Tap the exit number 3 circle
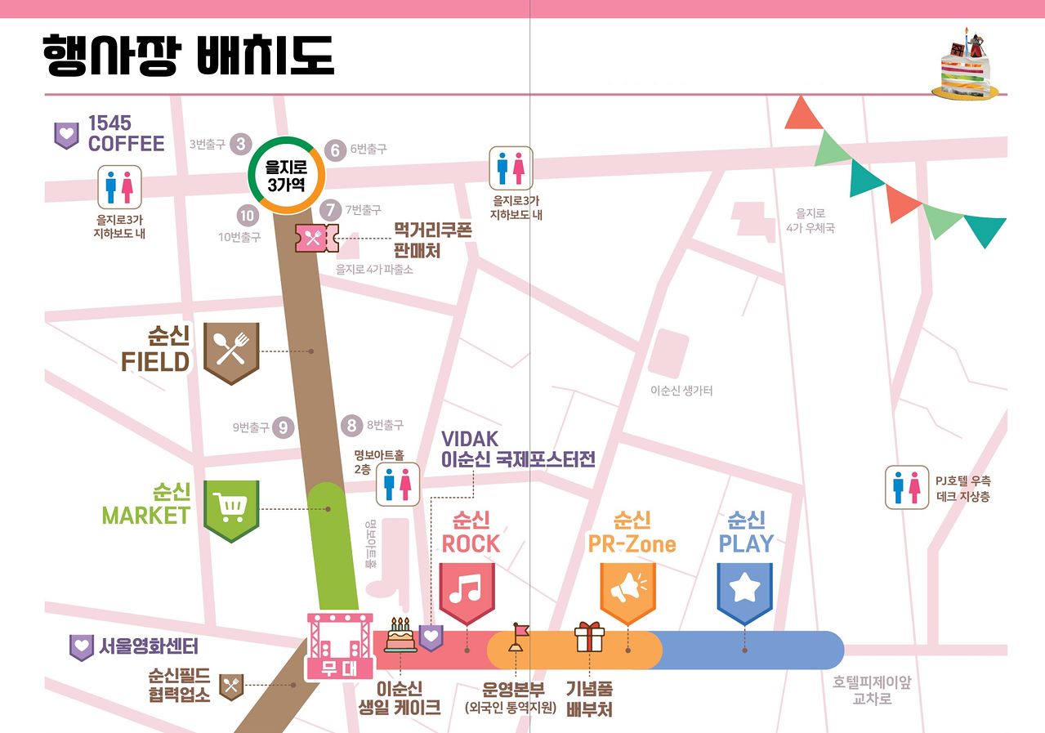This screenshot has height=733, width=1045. [x=240, y=145]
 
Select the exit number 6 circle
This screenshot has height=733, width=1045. [x=335, y=150]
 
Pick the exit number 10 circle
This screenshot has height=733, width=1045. [x=247, y=216]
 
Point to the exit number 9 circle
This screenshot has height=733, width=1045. [x=283, y=427]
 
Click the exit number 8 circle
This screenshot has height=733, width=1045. [x=351, y=425]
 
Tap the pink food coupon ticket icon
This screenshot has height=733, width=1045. [x=316, y=238]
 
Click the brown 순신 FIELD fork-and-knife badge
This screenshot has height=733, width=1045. [x=231, y=352]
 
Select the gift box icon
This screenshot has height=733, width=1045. [x=588, y=637]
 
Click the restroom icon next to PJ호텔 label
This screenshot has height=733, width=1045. [x=907, y=487]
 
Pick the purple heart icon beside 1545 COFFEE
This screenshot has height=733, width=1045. [x=66, y=135]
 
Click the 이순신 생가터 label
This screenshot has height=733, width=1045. [x=681, y=391]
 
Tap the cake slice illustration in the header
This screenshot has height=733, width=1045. [x=967, y=65]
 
